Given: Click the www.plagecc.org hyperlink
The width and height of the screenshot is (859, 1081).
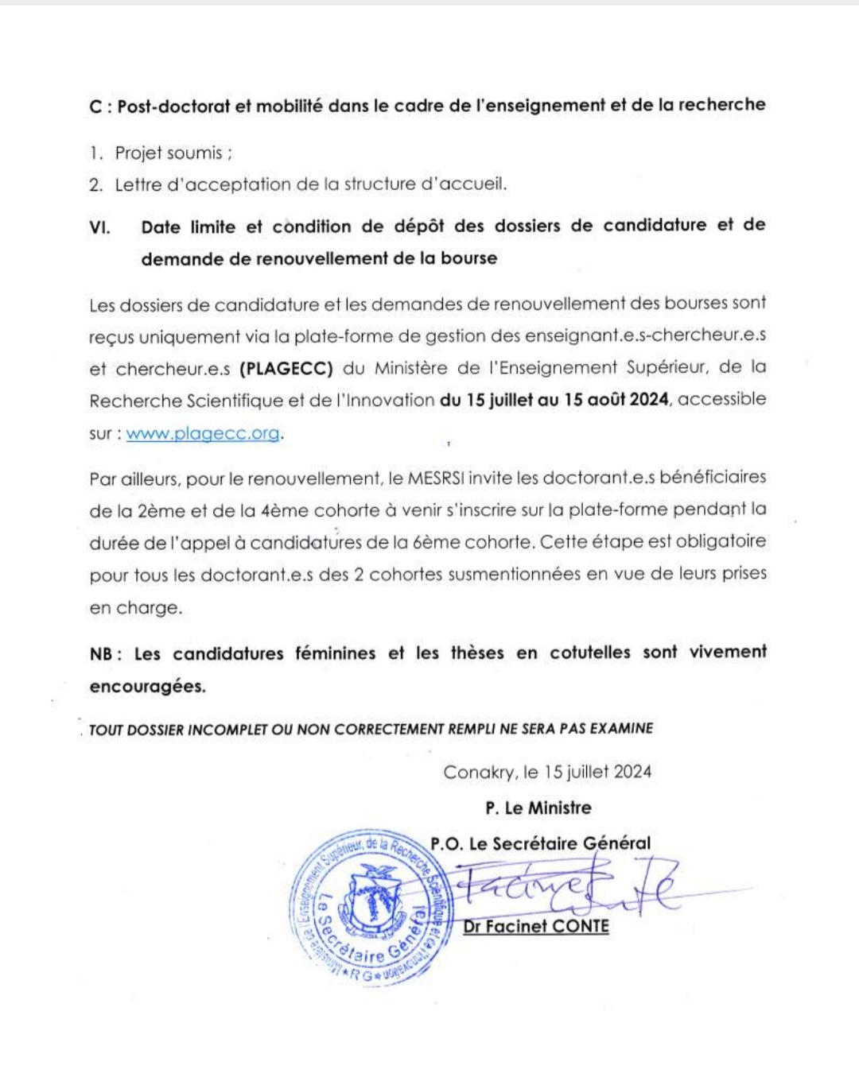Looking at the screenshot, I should [203, 433].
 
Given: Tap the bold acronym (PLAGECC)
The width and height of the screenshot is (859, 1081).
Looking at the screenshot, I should [286, 369].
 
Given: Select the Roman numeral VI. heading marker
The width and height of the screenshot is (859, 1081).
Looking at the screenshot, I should [99, 227].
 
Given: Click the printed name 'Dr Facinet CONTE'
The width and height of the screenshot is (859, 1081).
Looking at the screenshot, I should [536, 927].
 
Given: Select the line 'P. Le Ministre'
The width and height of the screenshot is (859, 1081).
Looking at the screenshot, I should [538, 808].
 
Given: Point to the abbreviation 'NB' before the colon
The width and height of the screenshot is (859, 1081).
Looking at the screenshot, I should [101, 654].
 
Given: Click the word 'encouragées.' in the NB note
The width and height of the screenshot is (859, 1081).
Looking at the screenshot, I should [147, 687].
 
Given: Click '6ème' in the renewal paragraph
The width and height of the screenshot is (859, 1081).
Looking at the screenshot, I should [431, 543].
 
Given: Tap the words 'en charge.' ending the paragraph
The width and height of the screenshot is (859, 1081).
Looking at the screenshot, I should [136, 608].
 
